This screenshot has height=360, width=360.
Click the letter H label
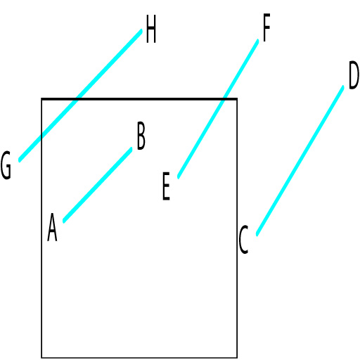(x=151, y=29)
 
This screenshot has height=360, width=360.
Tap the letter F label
(x=266, y=27)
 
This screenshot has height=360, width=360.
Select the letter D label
(x=354, y=75)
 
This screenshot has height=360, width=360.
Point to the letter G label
(x=6, y=165)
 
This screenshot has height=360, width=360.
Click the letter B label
(x=141, y=136)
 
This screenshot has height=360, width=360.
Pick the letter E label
(x=166, y=186)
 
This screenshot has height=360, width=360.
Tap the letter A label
(x=52, y=227)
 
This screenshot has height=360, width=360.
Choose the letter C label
(x=243, y=239)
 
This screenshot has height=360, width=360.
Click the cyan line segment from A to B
(x=98, y=185)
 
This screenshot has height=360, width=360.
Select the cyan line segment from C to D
(x=300, y=161)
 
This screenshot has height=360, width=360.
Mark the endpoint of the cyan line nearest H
(x=141, y=31)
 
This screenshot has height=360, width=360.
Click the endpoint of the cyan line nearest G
(x=20, y=160)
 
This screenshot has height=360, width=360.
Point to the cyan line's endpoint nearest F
(x=257, y=41)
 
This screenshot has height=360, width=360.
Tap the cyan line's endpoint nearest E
(x=179, y=177)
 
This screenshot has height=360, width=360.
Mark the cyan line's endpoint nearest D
(x=343, y=87)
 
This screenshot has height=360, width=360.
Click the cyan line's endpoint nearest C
(x=257, y=235)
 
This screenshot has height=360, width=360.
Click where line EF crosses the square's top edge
(x=224, y=99)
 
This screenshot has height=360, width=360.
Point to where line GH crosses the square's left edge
(x=41, y=137)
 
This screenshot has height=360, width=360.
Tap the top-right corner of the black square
(x=237, y=99)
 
